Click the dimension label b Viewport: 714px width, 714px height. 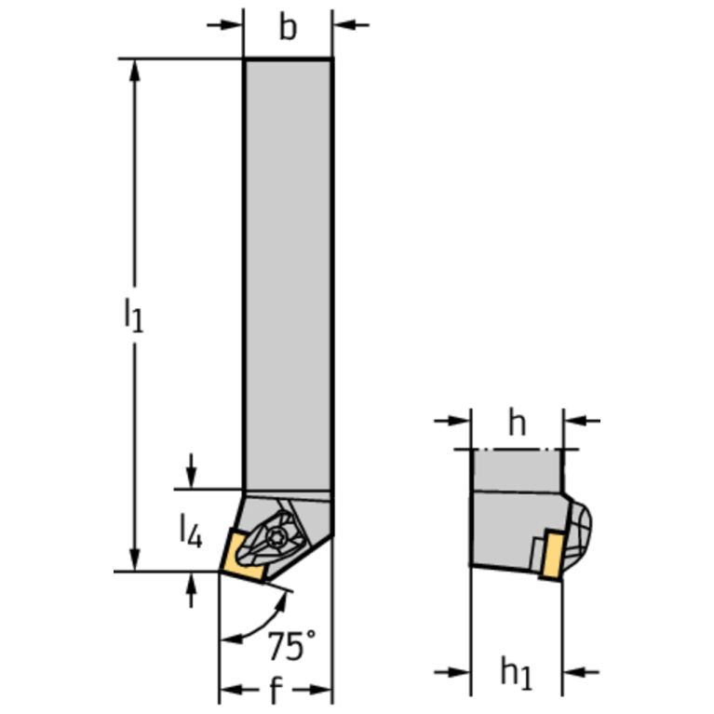[x=289, y=28]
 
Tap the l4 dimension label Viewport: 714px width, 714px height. [x=189, y=530]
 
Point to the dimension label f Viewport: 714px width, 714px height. [x=276, y=691]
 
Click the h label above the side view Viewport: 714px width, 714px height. [x=518, y=424]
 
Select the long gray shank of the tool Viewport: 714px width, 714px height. [x=288, y=270]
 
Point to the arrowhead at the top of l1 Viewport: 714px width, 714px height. [x=137, y=71]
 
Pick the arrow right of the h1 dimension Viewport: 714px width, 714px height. [x=582, y=671]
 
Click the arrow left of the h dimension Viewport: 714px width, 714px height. [x=454, y=422]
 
